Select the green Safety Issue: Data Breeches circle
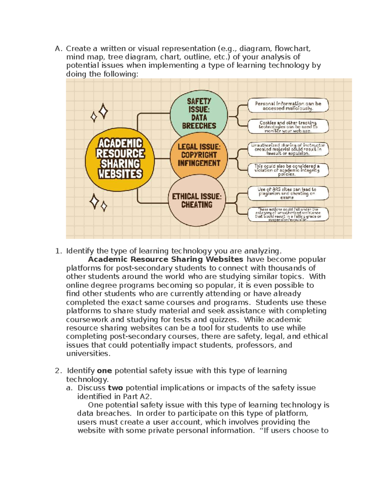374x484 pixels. [199, 114]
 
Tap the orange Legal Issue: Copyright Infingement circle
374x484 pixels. [199, 155]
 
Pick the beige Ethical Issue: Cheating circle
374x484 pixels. [196, 201]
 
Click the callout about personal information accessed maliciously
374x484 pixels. [288, 106]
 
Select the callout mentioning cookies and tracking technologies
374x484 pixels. [288, 127]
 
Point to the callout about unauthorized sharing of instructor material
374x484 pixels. [288, 149]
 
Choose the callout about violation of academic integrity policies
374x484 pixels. [288, 170]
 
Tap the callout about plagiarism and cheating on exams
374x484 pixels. [288, 193]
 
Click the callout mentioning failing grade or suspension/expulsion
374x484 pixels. [288, 214]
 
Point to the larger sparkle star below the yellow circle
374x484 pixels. [94, 201]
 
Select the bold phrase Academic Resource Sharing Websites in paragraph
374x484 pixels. [165, 259]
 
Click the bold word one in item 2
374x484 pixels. [104, 371]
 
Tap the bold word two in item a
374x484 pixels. [115, 388]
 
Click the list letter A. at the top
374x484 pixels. [59, 49]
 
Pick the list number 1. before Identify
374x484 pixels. [59, 251]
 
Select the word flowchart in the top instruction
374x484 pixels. [292, 49]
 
